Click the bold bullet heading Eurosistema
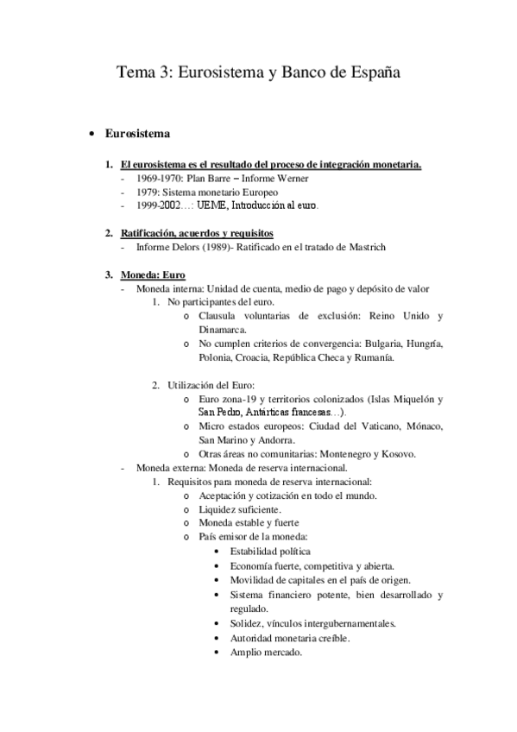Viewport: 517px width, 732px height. tap(137, 135)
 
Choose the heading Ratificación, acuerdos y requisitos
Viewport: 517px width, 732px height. tap(197, 233)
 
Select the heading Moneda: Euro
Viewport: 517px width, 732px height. tap(148, 274)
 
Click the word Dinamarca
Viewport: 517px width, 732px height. tap(224, 329)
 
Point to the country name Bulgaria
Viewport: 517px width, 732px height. tap(384, 344)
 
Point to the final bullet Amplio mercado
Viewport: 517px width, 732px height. tap(265, 653)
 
